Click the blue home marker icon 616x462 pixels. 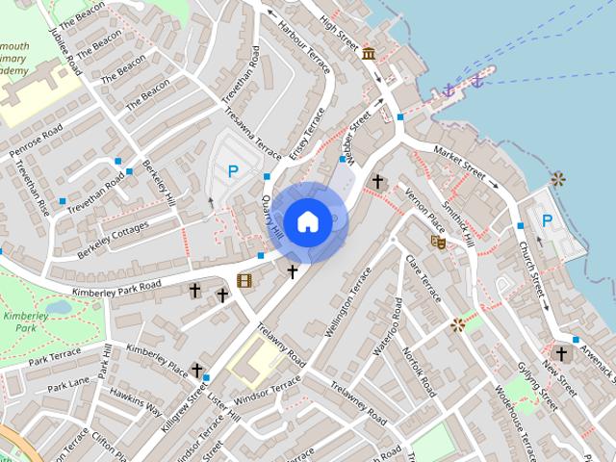pos(307,222)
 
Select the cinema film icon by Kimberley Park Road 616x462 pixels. pos(244,281)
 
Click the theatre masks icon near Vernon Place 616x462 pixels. pos(438,242)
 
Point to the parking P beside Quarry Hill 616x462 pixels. pos(232,171)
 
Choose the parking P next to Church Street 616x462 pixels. pos(547,220)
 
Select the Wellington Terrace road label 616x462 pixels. pos(347,304)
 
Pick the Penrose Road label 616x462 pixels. pos(36,141)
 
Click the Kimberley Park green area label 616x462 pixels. pos(19,321)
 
